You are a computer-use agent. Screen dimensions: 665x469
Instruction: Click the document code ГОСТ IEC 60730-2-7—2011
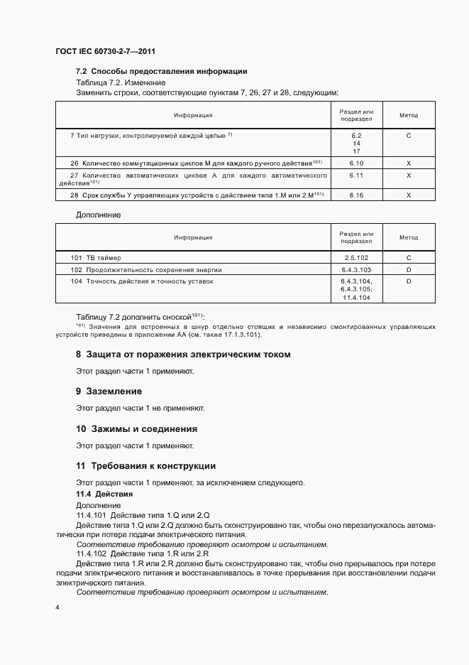pyautogui.click(x=105, y=52)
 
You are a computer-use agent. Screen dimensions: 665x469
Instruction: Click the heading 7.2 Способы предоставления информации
pyautogui.click(x=161, y=71)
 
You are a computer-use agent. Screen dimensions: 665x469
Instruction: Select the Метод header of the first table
pyautogui.click(x=408, y=115)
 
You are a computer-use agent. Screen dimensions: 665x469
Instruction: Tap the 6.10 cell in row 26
pyautogui.click(x=356, y=163)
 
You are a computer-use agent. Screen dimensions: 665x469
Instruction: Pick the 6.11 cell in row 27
pyautogui.click(x=356, y=175)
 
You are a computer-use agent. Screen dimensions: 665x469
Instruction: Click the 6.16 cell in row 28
pyautogui.click(x=356, y=195)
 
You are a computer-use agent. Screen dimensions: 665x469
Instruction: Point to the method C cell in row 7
pyautogui.click(x=408, y=134)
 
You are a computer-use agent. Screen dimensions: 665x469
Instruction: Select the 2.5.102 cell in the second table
pyautogui.click(x=356, y=257)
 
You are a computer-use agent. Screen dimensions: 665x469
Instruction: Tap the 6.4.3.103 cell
pyautogui.click(x=356, y=269)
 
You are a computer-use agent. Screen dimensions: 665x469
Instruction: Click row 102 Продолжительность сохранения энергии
pyautogui.click(x=146, y=269)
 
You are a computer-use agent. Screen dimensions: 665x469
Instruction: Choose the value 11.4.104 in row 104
pyautogui.click(x=356, y=298)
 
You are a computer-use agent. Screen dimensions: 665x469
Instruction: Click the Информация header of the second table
pyautogui.click(x=193, y=237)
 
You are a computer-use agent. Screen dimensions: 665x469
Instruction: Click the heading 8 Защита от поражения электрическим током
pyautogui.click(x=183, y=354)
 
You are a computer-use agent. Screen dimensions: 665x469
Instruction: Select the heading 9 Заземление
pyautogui.click(x=109, y=391)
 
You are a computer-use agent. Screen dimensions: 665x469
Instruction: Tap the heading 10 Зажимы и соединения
pyautogui.click(x=136, y=428)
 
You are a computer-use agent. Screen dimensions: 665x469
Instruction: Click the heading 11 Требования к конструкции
pyautogui.click(x=145, y=466)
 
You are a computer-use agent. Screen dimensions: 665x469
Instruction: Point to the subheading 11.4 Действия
pyautogui.click(x=104, y=493)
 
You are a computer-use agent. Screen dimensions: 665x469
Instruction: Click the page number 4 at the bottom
pyautogui.click(x=57, y=608)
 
